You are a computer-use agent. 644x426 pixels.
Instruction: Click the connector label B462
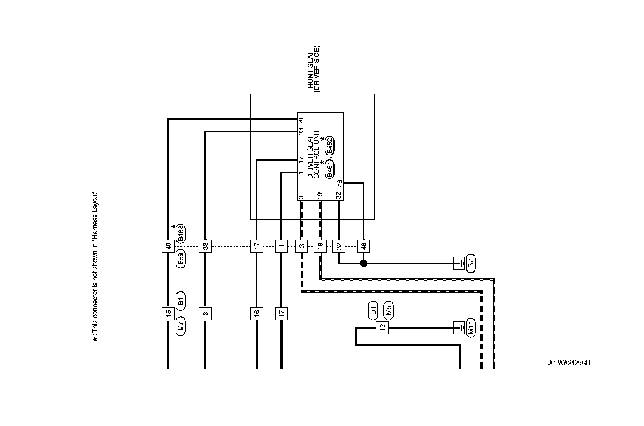coord(180,234)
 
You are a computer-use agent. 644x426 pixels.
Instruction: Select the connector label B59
coord(180,259)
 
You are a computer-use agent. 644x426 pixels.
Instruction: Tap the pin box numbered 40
coord(168,246)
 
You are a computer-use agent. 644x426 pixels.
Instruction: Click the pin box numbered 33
coord(205,246)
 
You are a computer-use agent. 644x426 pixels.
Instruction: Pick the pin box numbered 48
coord(364,246)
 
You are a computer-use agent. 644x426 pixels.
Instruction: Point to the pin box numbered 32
coord(339,246)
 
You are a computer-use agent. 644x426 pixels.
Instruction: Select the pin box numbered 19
coord(320,246)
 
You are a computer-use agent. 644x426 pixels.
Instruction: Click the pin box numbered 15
coord(168,314)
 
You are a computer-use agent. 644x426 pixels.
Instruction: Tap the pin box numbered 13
coord(382,328)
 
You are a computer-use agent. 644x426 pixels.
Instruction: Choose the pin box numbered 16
coord(257,314)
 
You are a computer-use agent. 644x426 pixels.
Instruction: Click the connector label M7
coord(180,327)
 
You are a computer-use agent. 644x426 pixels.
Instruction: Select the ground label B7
coord(471,263)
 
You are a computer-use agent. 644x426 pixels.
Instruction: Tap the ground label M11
coord(471,328)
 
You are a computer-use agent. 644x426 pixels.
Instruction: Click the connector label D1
coord(373,310)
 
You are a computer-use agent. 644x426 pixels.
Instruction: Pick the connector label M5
coord(388,310)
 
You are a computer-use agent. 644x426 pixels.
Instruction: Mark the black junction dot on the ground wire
coord(364,263)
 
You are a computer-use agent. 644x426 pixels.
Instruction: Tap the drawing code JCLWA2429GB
coord(568,363)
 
